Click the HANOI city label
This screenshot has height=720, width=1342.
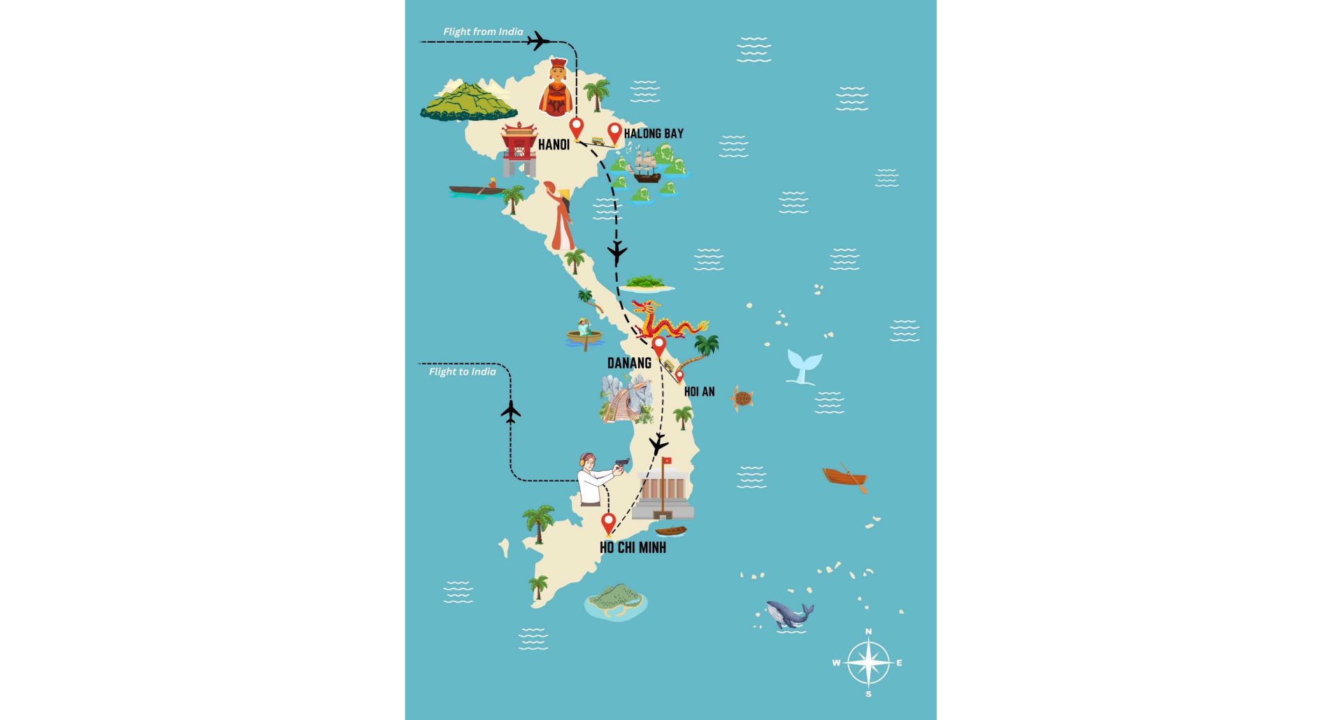point(554,145)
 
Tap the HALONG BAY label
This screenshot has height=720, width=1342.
point(654,134)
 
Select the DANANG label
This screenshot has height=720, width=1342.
point(629,363)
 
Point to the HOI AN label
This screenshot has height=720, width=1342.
point(699,391)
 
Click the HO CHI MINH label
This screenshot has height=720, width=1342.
point(633,547)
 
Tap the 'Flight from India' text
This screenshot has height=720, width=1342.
point(483,31)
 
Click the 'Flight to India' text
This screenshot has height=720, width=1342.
point(462,372)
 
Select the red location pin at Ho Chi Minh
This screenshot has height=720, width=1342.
point(608,522)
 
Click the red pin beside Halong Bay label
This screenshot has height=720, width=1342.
point(614,132)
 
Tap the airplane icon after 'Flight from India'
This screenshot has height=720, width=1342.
point(537,41)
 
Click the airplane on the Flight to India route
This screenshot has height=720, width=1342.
point(511,412)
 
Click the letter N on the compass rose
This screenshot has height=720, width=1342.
point(869,632)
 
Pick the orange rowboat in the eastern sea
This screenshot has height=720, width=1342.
point(845,477)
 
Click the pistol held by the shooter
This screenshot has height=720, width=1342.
point(621,463)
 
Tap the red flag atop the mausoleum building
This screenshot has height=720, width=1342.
point(667,461)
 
